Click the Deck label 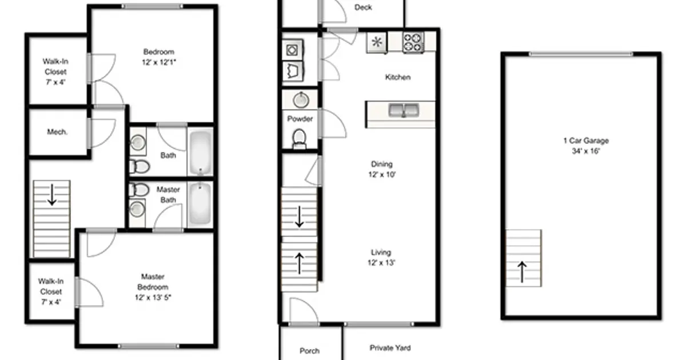pyautogui.click(x=363, y=7)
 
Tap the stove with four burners pyautogui.click(x=413, y=42)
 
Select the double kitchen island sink pyautogui.click(x=404, y=110)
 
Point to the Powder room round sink pyautogui.click(x=301, y=101)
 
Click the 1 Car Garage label pyautogui.click(x=586, y=141)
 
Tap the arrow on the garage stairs pyautogui.click(x=523, y=272)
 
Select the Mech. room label pyautogui.click(x=57, y=132)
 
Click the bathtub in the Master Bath pyautogui.click(x=200, y=205)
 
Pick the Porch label pyautogui.click(x=309, y=351)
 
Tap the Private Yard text pyautogui.click(x=390, y=347)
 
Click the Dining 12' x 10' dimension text pyautogui.click(x=381, y=175)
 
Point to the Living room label pyautogui.click(x=381, y=253)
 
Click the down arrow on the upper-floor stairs pyautogui.click(x=52, y=196)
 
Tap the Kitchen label pyautogui.click(x=398, y=77)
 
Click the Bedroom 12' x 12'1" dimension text pyautogui.click(x=159, y=62)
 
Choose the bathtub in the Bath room pyautogui.click(x=200, y=153)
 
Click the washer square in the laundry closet pyautogui.click(x=293, y=50)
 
